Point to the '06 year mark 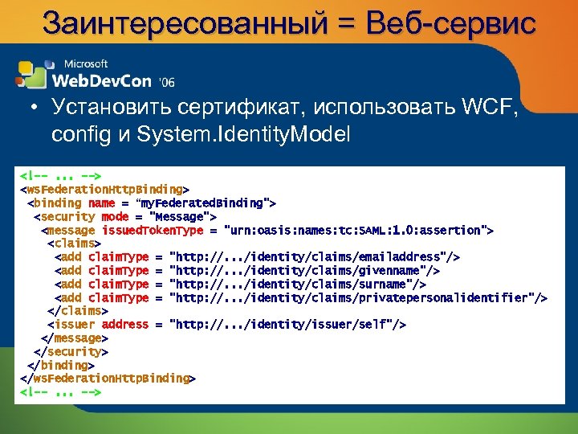[x=167, y=82]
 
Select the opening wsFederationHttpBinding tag [x=104, y=189]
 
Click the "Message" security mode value [x=184, y=216]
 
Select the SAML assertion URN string [x=358, y=230]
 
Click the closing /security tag [x=71, y=351]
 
